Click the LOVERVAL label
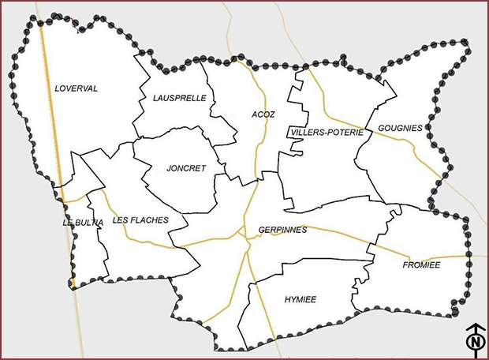coord(77,88)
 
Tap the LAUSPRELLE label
coord(179,98)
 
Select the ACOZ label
coord(263,114)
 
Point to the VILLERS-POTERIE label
coord(326,132)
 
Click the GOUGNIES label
coord(400,127)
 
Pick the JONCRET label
coord(186,168)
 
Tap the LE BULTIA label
coord(83,223)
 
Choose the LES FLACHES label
coord(140,220)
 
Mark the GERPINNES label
coord(282,231)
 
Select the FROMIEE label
coord(420,264)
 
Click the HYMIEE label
coord(300,300)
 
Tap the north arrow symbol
coord(475,337)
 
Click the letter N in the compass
coord(475,343)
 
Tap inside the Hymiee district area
coord(308,316)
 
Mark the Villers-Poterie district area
coord(323,166)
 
